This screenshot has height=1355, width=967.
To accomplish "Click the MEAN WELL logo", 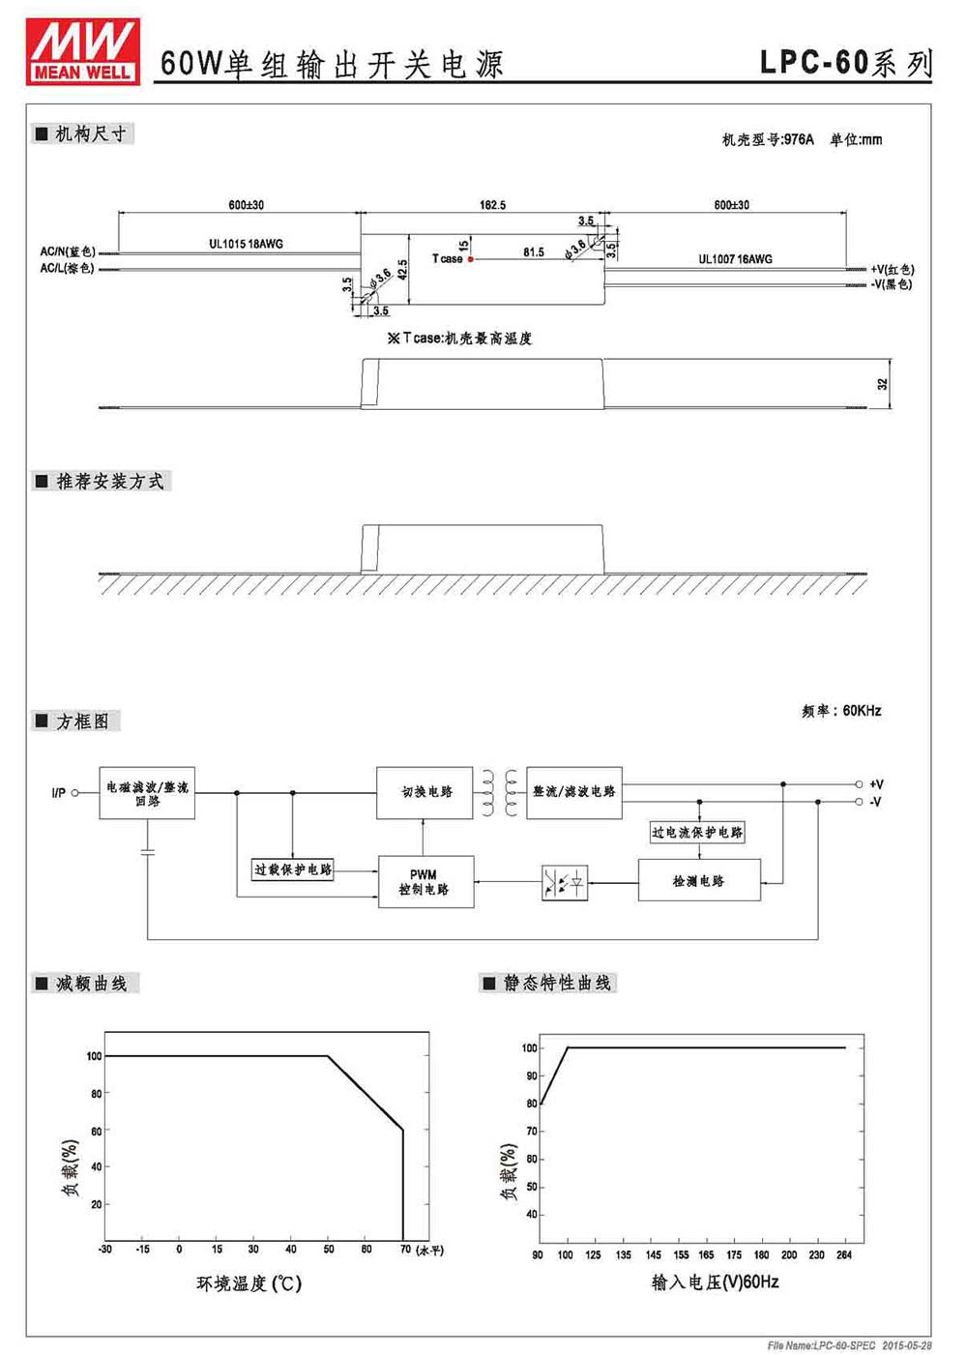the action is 83,51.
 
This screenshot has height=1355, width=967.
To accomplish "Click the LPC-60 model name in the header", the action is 813,62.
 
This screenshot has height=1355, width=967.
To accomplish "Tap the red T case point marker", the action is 471,259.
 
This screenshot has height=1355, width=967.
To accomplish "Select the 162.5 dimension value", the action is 492,205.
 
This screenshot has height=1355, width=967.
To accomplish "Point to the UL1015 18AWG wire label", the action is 246,244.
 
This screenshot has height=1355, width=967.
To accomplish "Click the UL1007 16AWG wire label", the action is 735,259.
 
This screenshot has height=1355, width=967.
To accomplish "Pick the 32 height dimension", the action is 882,384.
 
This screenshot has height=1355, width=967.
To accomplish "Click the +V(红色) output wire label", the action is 892,269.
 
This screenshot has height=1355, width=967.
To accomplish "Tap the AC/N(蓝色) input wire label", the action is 68,251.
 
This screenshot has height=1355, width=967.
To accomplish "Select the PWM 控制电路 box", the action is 425,881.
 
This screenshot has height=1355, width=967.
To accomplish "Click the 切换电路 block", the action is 425,792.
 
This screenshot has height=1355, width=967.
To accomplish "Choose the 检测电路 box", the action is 699,880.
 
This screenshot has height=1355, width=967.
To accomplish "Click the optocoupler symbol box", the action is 564,883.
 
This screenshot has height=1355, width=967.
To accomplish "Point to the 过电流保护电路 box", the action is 696,833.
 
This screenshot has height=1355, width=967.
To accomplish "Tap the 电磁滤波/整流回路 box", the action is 147,793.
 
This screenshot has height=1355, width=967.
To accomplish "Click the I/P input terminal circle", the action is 75,792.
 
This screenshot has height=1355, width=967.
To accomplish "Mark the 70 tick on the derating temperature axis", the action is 405,1250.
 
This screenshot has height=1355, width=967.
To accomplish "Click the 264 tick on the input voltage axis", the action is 843,1254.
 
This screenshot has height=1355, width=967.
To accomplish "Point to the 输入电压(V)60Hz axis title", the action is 715,1281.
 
